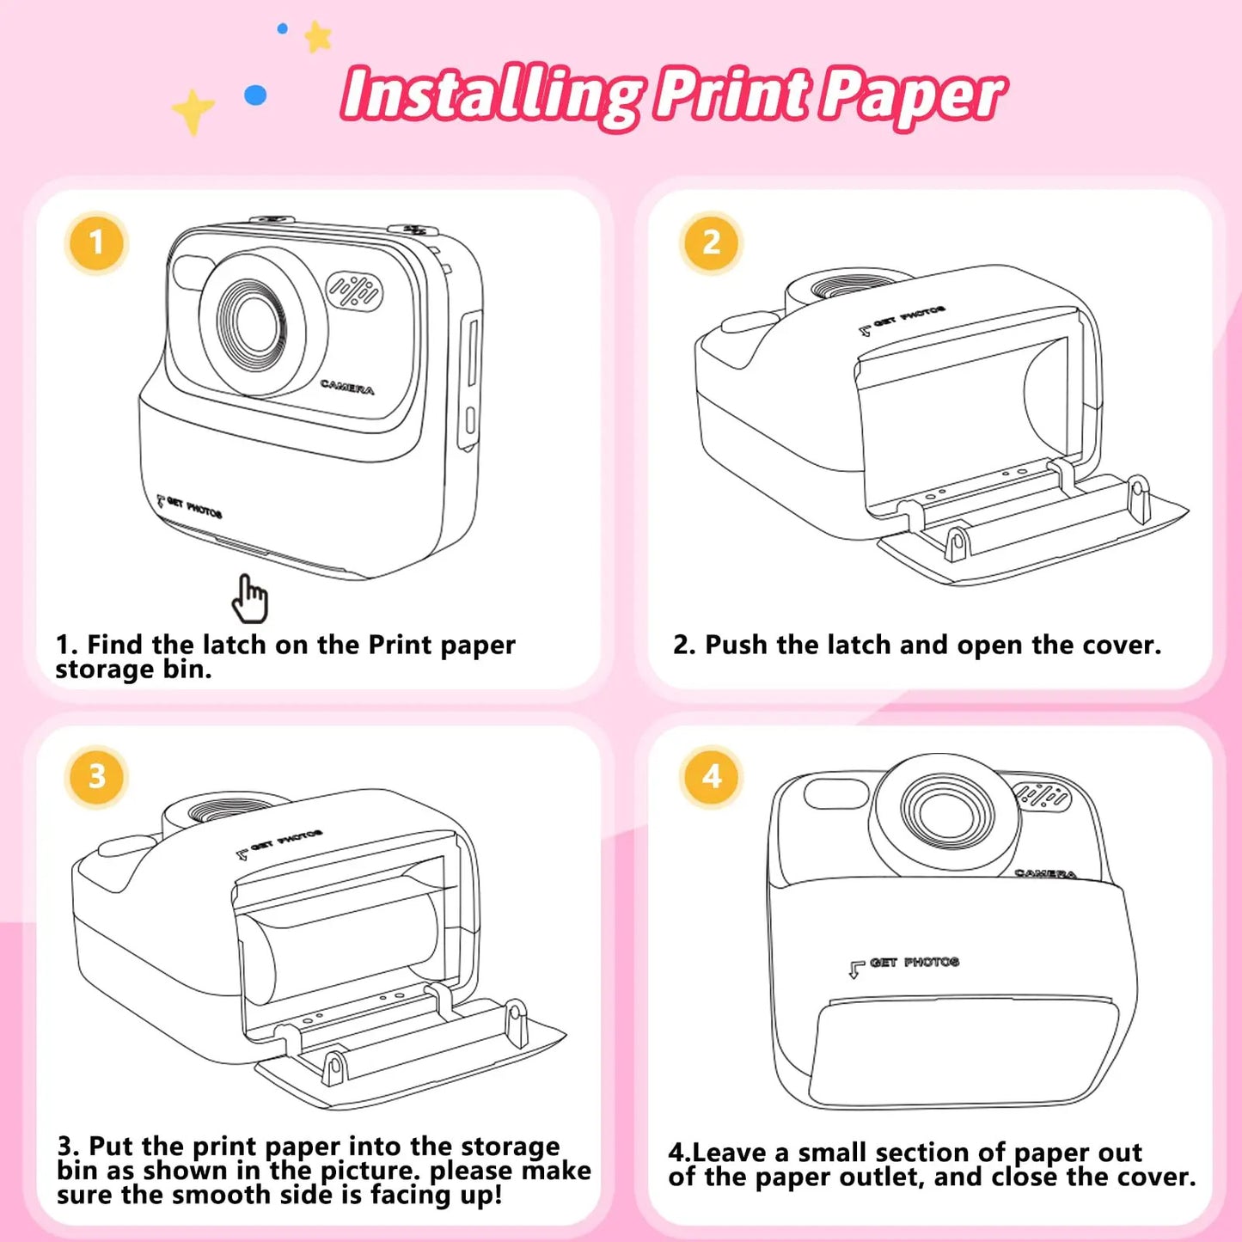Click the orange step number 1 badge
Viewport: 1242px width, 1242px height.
[x=96, y=243]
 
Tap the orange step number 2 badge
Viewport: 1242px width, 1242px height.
[x=711, y=243]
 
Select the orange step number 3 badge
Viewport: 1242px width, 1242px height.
[x=96, y=777]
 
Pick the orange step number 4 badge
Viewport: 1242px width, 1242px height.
[x=711, y=777]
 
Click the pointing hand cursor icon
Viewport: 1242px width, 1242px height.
[x=250, y=599]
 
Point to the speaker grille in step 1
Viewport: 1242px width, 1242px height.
[x=354, y=292]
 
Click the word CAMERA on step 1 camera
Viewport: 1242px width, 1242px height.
[x=347, y=387]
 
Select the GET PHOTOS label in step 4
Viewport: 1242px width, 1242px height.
[x=913, y=963]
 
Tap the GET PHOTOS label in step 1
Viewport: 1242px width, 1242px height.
[x=193, y=508]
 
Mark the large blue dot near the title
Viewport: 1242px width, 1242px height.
[x=255, y=95]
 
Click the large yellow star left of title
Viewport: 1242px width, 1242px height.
[x=193, y=111]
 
